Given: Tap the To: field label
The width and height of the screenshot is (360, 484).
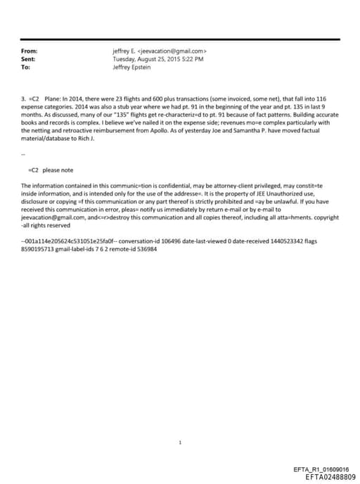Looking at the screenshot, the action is [26, 67].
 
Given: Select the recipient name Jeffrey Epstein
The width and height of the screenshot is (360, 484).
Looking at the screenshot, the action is [132, 67].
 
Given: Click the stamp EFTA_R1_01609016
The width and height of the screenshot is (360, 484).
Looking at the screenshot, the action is [319, 469].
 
